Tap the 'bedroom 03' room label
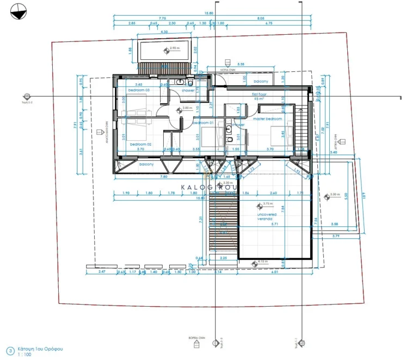coord(139,90)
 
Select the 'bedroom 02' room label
coord(140,144)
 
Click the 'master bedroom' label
coord(267,119)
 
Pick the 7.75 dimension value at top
coord(162,18)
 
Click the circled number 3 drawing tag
coord(9,350)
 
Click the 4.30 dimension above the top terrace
coord(165,32)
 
